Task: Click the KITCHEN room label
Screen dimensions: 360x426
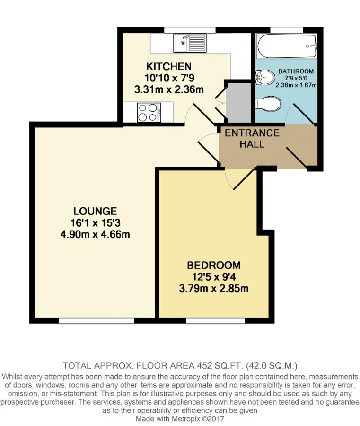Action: tap(169, 66)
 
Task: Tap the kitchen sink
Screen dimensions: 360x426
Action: tap(190, 43)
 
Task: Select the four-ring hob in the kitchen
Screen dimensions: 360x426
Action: tap(149, 113)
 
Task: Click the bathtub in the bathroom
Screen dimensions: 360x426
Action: tap(287, 45)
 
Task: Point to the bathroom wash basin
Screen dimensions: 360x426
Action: tap(265, 77)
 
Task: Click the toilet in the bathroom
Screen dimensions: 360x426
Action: tap(268, 104)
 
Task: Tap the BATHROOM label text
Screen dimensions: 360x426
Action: tap(296, 71)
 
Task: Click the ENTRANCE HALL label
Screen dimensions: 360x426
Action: tap(252, 139)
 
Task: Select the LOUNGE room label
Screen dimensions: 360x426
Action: tap(95, 211)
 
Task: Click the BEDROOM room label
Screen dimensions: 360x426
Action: tap(214, 265)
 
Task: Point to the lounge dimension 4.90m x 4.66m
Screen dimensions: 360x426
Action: tap(95, 234)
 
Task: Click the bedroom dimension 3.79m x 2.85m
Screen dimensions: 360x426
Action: tap(214, 288)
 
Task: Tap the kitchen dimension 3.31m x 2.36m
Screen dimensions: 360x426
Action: tap(169, 89)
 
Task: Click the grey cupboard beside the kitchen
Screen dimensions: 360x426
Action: tap(239, 103)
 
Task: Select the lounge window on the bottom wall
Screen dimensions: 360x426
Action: tap(97, 321)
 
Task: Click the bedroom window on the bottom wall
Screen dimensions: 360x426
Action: tap(215, 321)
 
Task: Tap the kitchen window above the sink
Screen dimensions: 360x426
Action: tap(190, 30)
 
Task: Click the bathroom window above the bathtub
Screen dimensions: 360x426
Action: tap(287, 30)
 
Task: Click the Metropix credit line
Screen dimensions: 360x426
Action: tap(180, 418)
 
